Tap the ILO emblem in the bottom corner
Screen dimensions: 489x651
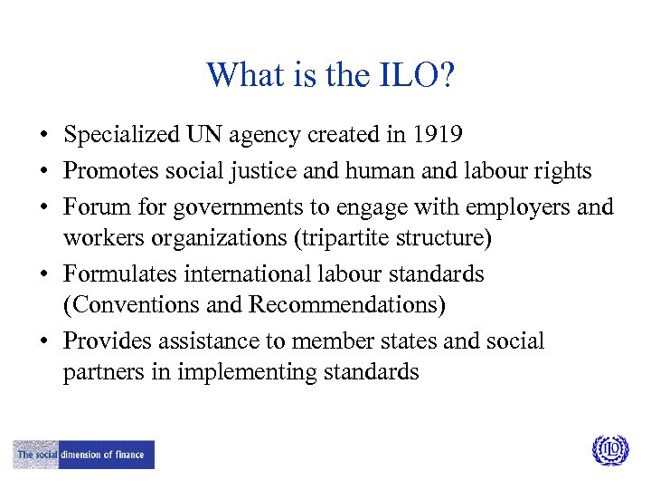[x=609, y=450]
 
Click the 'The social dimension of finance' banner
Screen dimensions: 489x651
[x=84, y=455]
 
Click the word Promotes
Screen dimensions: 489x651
[x=110, y=170]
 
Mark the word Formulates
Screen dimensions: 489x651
[x=121, y=273]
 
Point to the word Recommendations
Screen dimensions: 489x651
[x=347, y=305]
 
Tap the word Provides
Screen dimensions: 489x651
[x=107, y=341]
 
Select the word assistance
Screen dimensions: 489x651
[x=203, y=341]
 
